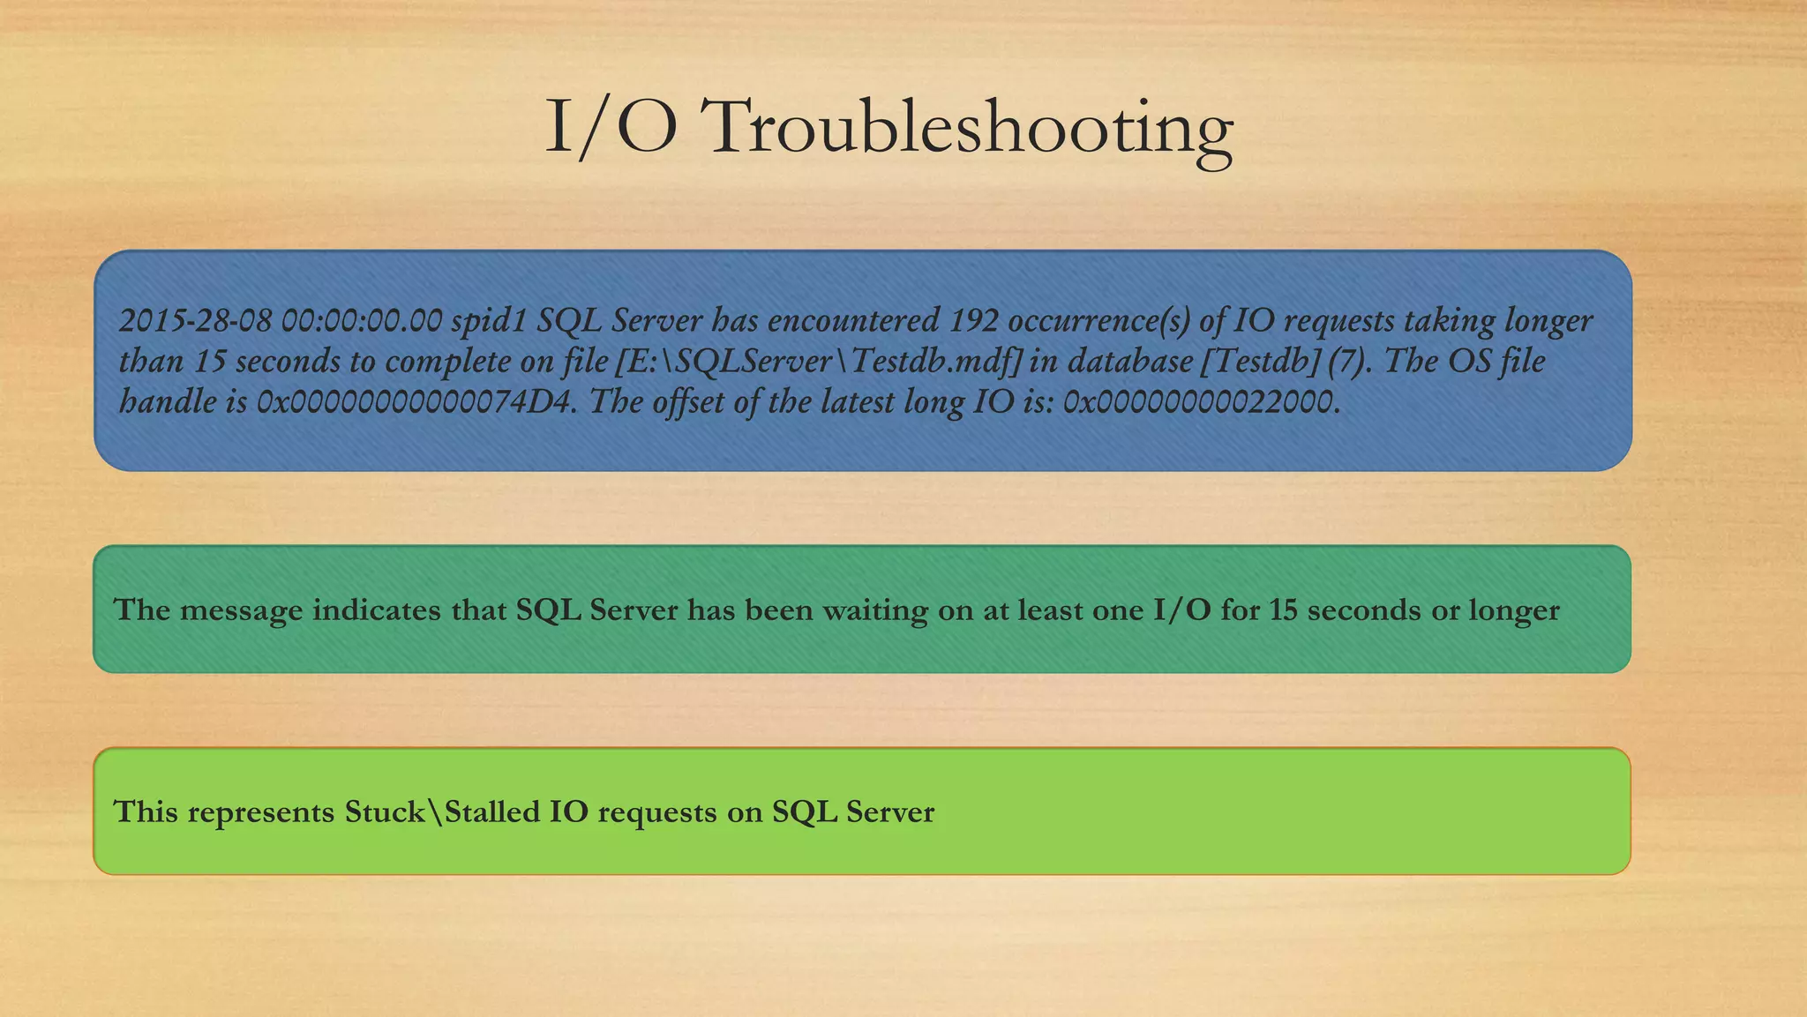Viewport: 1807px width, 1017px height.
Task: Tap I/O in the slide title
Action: (x=611, y=127)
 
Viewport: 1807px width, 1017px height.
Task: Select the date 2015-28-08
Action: (x=195, y=320)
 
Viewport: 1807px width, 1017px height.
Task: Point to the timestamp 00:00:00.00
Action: (x=361, y=320)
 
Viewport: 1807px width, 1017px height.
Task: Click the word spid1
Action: (x=489, y=320)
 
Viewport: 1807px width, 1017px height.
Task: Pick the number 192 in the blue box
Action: (x=973, y=320)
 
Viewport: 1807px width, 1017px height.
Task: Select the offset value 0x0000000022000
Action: (x=1201, y=402)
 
